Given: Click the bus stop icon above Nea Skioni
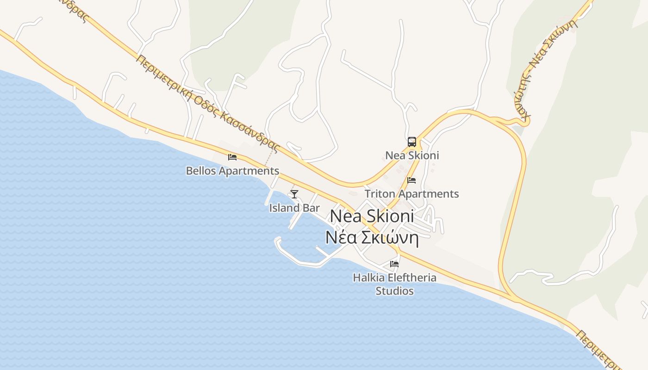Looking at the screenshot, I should [x=412, y=142].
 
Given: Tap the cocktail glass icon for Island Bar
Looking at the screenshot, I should [x=294, y=194].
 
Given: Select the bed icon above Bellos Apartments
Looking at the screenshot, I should [x=232, y=157].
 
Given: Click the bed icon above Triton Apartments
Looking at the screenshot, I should [x=411, y=180].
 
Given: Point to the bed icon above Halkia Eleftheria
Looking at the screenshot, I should [x=394, y=264].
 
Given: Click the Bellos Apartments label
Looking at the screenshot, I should [x=232, y=171].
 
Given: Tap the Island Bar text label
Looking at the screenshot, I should [x=294, y=208].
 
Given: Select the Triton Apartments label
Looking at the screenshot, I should [x=411, y=193].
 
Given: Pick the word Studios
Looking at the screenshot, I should [x=394, y=291].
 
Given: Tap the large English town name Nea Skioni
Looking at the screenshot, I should [x=372, y=216].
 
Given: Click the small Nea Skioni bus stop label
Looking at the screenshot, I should [x=412, y=155].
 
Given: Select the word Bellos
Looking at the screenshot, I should [x=201, y=171].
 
